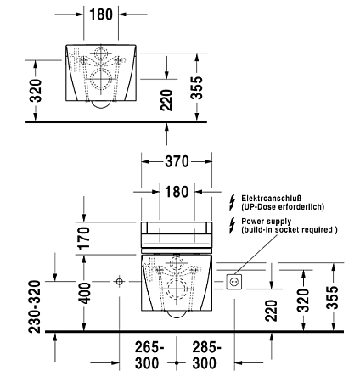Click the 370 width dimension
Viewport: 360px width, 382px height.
click(x=177, y=161)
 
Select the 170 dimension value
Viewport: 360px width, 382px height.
click(x=84, y=238)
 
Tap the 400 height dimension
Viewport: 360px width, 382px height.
click(x=84, y=293)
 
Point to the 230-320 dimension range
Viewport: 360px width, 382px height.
click(x=35, y=306)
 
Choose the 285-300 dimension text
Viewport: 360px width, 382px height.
click(x=206, y=356)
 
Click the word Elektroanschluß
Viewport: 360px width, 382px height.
click(x=271, y=199)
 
